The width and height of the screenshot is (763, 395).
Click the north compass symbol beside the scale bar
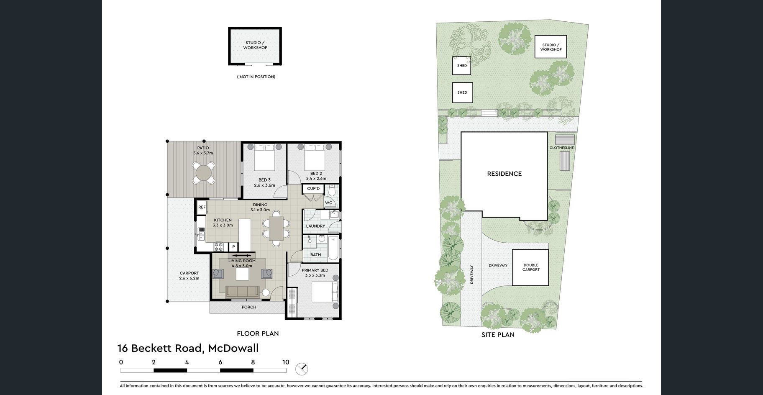pos(302,369)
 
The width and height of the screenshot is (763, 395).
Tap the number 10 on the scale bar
pos(286,362)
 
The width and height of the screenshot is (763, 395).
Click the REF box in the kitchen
pos(202,207)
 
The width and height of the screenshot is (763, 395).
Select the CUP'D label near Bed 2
pos(313,189)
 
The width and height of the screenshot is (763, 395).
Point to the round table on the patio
pos(204,172)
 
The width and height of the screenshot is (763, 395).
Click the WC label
pos(329,203)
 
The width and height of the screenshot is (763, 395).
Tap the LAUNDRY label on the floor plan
pos(315,226)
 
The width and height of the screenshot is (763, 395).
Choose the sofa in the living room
pos(242,292)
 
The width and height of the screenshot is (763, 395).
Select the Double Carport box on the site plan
pos(530,268)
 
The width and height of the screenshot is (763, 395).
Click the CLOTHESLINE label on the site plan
pos(562,148)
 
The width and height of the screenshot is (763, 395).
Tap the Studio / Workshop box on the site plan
pos(551,47)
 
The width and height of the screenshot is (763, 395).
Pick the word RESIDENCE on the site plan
pos(504,174)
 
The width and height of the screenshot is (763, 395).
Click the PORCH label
pos(249,307)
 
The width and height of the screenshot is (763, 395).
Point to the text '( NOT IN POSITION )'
pos(256,77)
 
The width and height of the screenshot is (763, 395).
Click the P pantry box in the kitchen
pos(233,247)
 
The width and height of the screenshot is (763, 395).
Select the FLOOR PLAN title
pos(258,333)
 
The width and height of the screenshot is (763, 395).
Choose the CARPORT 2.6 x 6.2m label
pos(189,275)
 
